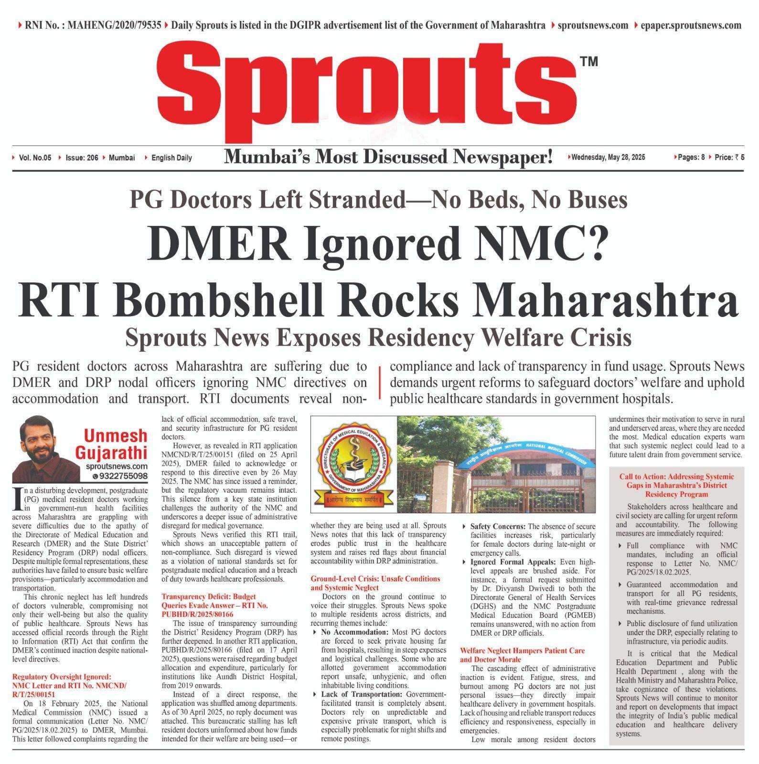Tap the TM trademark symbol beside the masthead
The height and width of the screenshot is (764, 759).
pos(588,62)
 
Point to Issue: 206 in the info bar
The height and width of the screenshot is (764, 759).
pos(82,158)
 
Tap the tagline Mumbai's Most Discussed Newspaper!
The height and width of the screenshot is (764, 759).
pos(388,157)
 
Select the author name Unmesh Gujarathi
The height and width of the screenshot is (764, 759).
pos(116,443)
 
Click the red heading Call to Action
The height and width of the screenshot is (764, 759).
pos(676,485)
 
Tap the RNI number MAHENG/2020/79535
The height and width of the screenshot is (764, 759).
pos(114,25)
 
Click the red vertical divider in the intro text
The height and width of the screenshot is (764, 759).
pos(380,382)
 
